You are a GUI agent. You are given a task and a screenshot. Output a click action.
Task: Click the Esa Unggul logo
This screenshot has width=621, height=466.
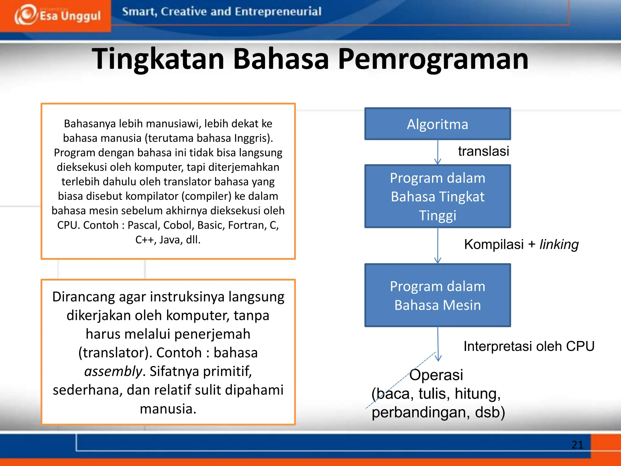[x=58, y=15]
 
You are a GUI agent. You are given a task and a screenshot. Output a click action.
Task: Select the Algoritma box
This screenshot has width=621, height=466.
[x=438, y=124]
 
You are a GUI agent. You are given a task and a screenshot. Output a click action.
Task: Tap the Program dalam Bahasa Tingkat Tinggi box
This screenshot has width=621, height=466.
[x=438, y=196]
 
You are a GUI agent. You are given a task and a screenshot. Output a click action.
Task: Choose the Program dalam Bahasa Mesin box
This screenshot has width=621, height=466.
[x=438, y=295]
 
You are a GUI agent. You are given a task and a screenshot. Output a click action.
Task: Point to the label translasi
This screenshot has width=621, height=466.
[x=483, y=151]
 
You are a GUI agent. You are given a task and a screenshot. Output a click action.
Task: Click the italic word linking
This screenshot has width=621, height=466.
[x=559, y=245]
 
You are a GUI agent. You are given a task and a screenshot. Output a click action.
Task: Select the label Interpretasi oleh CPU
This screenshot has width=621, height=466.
[x=529, y=346]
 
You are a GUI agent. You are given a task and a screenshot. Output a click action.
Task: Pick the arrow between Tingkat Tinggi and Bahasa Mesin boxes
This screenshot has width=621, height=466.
[x=438, y=246]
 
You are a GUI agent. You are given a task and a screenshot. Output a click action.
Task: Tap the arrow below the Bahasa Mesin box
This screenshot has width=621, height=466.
[x=438, y=344]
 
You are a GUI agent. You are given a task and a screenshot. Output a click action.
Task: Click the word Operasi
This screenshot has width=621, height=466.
[x=436, y=375]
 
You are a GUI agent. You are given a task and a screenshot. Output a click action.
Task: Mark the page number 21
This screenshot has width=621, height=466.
[x=577, y=445]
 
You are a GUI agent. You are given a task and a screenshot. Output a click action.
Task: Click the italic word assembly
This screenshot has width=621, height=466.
[x=113, y=371]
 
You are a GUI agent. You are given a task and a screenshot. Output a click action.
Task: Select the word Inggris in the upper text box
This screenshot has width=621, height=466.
[x=252, y=138]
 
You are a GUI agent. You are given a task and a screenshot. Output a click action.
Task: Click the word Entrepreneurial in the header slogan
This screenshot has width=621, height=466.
[x=278, y=12]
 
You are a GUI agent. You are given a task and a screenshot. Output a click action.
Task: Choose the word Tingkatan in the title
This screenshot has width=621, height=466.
[x=158, y=59]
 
